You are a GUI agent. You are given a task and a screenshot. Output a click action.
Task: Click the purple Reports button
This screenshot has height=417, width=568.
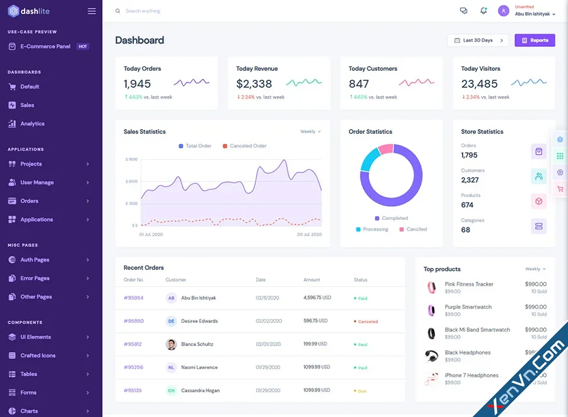(535, 40)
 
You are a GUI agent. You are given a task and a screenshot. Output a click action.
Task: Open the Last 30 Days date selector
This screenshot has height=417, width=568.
(478, 40)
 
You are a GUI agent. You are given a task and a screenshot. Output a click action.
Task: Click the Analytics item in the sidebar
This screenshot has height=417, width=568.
(32, 124)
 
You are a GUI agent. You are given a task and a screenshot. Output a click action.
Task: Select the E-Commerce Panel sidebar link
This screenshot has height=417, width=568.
(45, 46)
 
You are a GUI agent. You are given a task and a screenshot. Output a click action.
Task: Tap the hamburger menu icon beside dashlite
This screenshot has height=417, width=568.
(92, 11)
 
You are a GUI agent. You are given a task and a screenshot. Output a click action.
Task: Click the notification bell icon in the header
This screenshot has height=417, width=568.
(483, 11)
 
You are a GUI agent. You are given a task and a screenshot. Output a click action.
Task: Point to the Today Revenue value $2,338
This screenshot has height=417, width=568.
(254, 83)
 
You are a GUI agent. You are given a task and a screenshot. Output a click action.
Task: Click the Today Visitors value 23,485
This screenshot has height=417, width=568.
(479, 83)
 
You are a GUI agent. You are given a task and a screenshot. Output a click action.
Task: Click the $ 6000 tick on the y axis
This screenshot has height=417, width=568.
(131, 181)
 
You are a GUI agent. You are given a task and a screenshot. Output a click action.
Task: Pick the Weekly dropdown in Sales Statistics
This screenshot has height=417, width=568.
(310, 131)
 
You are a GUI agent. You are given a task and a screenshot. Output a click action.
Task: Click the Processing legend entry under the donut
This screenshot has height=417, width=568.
(375, 229)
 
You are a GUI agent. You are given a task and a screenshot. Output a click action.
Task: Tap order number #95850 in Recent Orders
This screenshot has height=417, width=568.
(133, 321)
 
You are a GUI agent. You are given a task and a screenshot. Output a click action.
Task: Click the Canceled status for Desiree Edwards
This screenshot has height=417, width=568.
(367, 322)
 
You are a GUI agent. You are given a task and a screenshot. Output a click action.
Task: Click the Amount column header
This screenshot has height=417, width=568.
(312, 279)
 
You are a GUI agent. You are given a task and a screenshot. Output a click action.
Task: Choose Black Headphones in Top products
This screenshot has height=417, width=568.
(467, 353)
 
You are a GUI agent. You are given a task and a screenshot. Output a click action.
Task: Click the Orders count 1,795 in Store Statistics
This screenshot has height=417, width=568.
(469, 155)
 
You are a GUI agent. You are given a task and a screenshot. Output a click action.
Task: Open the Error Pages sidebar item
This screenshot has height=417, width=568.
(35, 278)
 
